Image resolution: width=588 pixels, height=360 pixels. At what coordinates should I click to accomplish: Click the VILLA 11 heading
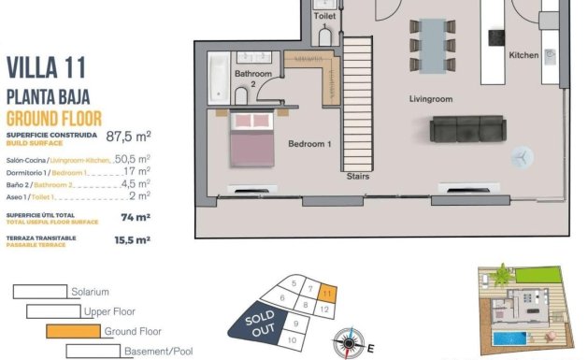click(48, 68)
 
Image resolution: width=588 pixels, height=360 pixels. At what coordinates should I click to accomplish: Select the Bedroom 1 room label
click(309, 144)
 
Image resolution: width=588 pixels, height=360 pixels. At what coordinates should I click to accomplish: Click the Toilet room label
click(324, 17)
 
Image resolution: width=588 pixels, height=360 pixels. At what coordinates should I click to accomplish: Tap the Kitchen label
click(523, 55)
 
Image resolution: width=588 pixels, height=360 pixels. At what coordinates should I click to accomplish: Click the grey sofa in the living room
click(465, 129)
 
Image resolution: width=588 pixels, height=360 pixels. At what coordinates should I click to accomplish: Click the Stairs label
click(357, 176)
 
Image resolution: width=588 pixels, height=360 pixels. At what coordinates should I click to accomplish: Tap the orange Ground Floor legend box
click(73, 331)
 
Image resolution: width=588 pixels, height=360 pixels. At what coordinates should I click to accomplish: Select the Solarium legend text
click(90, 292)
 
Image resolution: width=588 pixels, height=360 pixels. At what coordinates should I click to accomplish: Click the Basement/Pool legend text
click(160, 352)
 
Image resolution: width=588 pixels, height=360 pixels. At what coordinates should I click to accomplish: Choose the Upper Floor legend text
click(109, 311)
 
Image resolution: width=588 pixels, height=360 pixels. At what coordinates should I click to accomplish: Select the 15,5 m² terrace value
click(131, 240)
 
